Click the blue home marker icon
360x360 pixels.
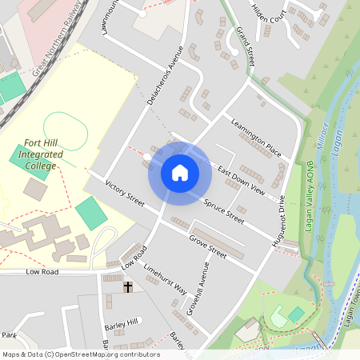coord(179,173)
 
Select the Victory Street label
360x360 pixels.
coord(125,194)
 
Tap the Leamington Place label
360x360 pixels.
coord(255,137)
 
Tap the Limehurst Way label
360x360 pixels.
coord(164,283)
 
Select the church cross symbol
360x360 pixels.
coord(127,286)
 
